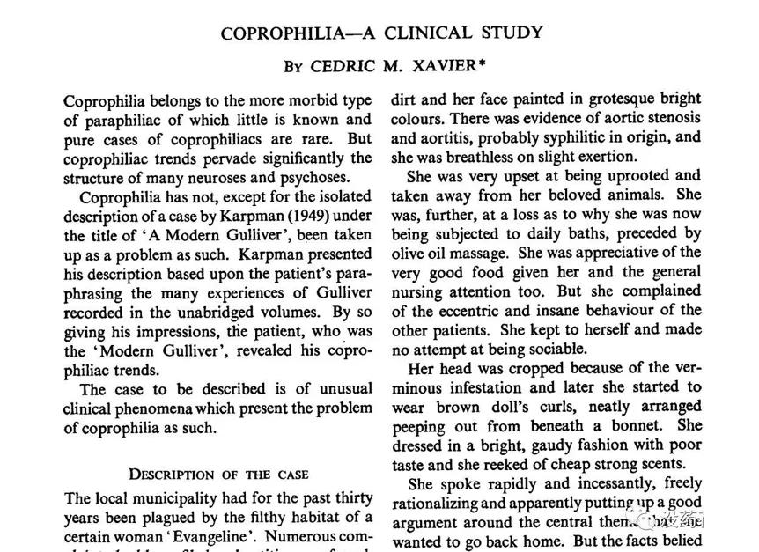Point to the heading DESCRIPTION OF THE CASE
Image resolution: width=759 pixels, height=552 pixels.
tap(218, 474)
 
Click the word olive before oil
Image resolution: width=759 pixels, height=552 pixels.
tap(411, 253)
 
